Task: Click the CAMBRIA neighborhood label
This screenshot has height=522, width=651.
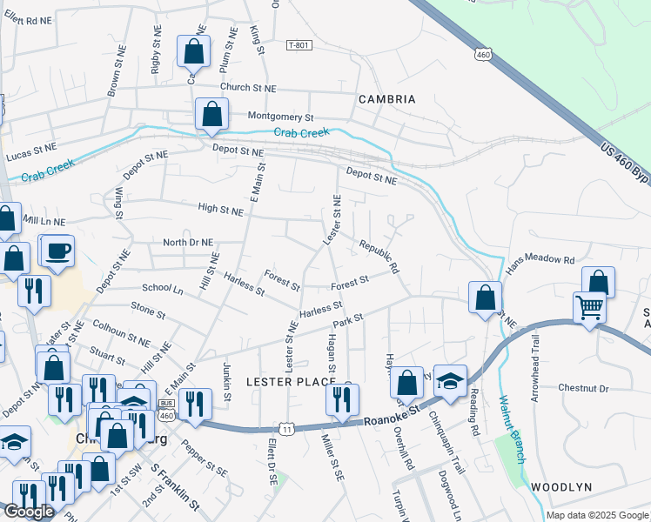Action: coord(387,99)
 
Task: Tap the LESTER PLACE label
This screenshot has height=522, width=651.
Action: coord(290,382)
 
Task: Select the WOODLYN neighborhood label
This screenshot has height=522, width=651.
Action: coord(560,487)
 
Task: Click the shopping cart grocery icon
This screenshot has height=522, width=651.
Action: coord(590,307)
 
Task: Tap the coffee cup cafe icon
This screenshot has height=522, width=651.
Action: coord(58,251)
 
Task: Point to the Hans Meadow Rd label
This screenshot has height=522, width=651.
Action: coord(542,259)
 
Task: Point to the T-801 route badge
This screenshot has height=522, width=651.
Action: coord(298,45)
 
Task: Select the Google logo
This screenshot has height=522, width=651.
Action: coord(29,512)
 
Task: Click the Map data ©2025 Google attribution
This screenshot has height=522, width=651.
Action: coord(596,515)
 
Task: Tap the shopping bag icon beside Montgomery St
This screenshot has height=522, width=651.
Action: coord(211,114)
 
